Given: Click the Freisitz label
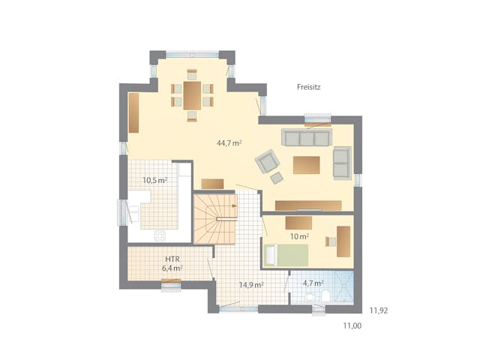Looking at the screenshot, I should pos(309,88).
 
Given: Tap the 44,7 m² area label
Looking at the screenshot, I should pos(229,142).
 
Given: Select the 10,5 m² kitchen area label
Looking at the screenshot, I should pos(154,180).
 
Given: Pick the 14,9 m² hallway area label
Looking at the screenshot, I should pos(250,285).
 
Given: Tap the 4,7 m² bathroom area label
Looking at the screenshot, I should pos(312,283).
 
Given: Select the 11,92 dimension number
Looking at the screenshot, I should pos(378,309).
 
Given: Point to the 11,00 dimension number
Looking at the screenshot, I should pos(352,325).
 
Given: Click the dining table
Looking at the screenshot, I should pos(192,95).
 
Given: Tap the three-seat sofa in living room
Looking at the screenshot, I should pos(306,137).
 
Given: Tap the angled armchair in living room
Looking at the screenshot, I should pos(265,162).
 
